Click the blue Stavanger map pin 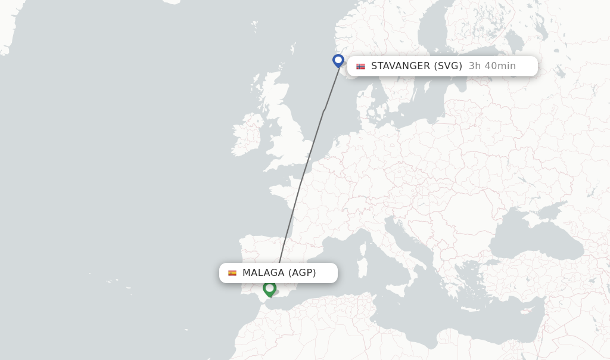click(338, 61)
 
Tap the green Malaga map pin click(269, 289)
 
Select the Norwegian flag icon click(360, 66)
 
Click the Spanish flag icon click(232, 273)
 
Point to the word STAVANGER click(400, 66)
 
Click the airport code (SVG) click(448, 66)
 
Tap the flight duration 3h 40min click(492, 66)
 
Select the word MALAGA click(263, 273)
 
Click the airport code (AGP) click(302, 273)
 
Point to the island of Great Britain click(286, 137)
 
